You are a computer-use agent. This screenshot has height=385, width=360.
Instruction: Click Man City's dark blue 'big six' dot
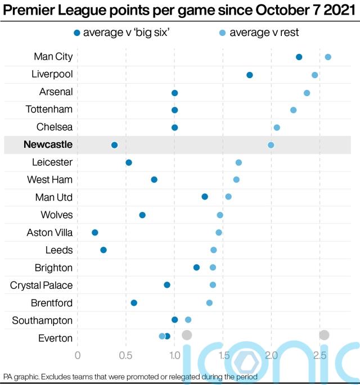299,57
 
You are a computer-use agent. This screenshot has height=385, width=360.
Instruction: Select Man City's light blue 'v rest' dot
328,57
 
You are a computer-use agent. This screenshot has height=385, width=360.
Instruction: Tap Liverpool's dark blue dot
250,75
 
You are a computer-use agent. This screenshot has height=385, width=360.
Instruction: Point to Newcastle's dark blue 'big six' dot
115,145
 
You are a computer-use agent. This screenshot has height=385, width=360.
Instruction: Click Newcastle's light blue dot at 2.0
271,145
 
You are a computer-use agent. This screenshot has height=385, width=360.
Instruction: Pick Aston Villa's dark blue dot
95,233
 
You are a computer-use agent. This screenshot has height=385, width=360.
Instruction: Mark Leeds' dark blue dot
103,250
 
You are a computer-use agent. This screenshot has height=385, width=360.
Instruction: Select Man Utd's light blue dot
228,197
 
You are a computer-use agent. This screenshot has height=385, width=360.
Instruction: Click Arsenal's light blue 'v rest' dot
307,93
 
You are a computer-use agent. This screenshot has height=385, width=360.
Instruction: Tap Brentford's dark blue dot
134,303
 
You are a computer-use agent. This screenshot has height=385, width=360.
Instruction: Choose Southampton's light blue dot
188,320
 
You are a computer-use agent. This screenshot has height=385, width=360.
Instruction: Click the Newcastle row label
48,144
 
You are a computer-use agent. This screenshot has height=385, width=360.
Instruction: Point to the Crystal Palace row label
41,285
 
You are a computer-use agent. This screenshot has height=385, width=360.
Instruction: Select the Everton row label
55,338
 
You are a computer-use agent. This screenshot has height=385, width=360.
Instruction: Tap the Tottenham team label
49,109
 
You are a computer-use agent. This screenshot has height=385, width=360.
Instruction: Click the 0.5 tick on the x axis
125,355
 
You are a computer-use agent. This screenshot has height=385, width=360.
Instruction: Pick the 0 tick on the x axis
78,355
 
